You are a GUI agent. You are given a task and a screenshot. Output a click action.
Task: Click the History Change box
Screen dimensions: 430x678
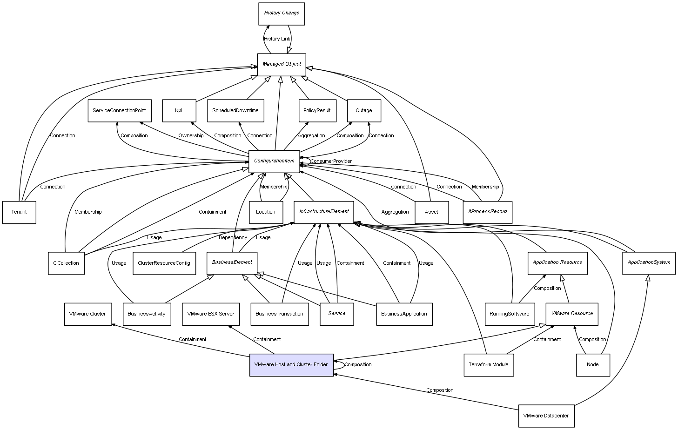tap(281, 13)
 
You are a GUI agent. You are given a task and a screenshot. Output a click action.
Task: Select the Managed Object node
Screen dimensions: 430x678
tap(282, 64)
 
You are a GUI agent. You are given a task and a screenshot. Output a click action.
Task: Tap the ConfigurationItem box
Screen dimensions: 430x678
tap(274, 161)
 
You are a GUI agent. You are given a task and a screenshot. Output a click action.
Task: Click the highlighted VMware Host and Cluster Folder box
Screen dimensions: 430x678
tap(291, 365)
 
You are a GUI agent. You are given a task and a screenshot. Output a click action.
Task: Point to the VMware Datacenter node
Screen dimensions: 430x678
tap(546, 416)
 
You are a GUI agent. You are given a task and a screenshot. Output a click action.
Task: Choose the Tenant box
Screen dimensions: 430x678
tap(19, 212)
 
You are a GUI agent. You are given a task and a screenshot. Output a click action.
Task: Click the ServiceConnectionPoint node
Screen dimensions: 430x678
tap(119, 111)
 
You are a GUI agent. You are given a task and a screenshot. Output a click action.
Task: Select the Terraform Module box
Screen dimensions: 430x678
tap(489, 365)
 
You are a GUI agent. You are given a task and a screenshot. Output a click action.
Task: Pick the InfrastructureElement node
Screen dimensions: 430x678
tap(324, 212)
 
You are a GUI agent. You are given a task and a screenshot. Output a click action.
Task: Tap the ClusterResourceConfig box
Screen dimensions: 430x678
tap(164, 263)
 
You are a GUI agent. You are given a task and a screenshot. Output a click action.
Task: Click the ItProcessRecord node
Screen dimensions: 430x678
tap(488, 212)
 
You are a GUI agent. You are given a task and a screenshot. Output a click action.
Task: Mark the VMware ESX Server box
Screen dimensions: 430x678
tap(210, 314)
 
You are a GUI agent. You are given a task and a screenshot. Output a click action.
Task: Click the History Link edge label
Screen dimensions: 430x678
tap(277, 39)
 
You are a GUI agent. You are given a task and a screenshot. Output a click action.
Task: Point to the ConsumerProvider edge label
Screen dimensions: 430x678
tap(331, 161)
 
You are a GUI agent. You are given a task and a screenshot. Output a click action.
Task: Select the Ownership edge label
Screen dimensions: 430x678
tap(191, 136)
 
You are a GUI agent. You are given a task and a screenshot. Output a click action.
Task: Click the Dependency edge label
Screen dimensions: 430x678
tap(233, 238)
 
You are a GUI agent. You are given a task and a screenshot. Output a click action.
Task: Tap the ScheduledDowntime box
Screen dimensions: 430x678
tap(235, 111)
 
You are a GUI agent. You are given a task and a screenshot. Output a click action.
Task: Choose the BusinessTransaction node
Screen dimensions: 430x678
tap(279, 314)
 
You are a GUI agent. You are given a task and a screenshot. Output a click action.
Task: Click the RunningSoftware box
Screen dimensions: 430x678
tap(509, 314)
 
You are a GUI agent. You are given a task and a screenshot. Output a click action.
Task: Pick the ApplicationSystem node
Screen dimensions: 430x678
tap(649, 263)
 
